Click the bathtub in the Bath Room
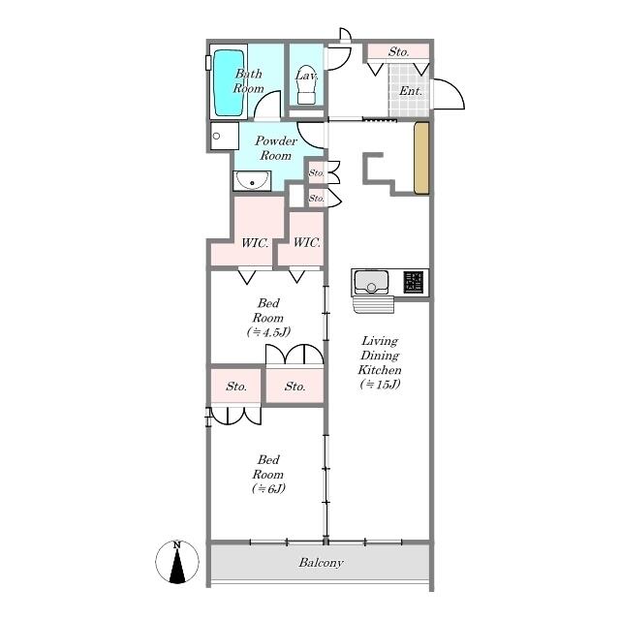pos(229,82)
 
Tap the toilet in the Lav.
pos(306,84)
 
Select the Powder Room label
pos(275,148)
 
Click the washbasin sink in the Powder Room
pos(252,181)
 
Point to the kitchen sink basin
pos(371,282)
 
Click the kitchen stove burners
pos(414,282)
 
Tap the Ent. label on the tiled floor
pos(411,91)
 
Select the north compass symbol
pos(177,562)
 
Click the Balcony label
pos(321,562)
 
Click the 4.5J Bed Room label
pos(268,318)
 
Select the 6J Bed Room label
pos(268,474)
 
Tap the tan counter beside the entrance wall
pos(421,158)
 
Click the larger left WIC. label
pos(255,243)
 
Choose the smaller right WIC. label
pos(306,242)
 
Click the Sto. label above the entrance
pos(398,51)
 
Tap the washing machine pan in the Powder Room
pos(225,136)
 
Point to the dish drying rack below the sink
pos(374,304)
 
